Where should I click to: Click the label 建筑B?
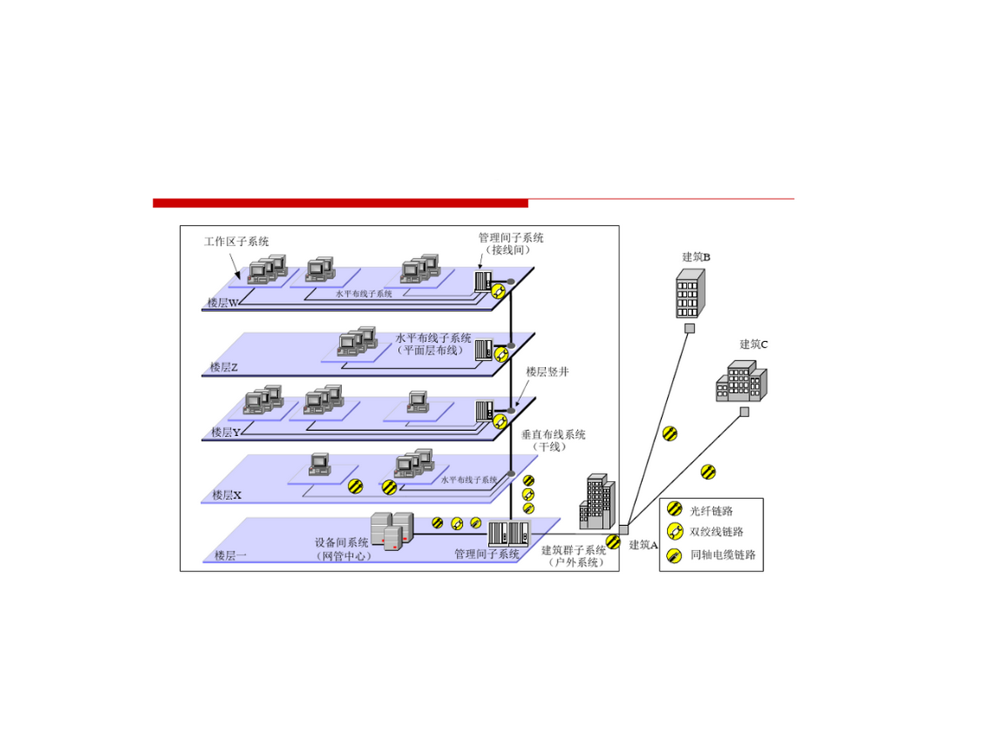(x=696, y=257)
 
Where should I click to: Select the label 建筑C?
(x=753, y=344)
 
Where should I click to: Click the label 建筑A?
(x=643, y=545)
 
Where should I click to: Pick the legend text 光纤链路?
(x=711, y=511)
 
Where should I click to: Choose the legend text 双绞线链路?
(x=716, y=532)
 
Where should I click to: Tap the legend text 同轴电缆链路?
(x=722, y=555)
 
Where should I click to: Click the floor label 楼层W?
(x=223, y=302)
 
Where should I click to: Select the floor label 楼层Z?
(x=224, y=367)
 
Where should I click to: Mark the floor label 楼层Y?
(x=226, y=433)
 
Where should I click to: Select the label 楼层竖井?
(x=547, y=372)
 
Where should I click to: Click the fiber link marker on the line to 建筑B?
(x=669, y=433)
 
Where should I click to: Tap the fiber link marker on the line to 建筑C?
(x=708, y=472)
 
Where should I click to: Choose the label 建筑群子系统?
(x=573, y=551)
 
